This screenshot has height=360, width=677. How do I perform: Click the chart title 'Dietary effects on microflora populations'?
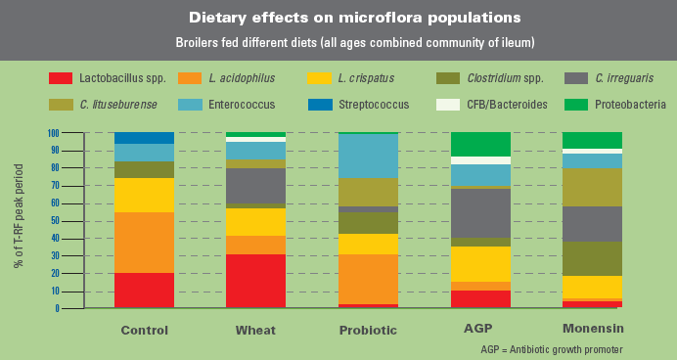click(x=338, y=18)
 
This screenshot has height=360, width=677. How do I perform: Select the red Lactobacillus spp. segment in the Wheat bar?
click(x=255, y=281)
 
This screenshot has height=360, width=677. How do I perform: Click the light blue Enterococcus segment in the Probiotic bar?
click(x=367, y=156)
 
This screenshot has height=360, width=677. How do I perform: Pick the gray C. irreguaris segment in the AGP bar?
click(x=480, y=212)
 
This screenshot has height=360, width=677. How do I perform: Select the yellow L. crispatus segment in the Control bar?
click(x=145, y=195)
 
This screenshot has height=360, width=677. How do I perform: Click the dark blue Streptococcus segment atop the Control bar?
click(x=145, y=138)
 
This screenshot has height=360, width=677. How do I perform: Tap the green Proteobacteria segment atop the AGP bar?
click(x=480, y=144)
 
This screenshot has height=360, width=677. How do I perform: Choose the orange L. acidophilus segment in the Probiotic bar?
click(x=367, y=279)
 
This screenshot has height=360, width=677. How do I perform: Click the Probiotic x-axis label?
click(x=367, y=330)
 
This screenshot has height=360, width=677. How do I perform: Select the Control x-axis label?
click(x=145, y=330)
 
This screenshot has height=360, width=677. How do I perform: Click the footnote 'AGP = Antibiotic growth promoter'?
click(x=551, y=349)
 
